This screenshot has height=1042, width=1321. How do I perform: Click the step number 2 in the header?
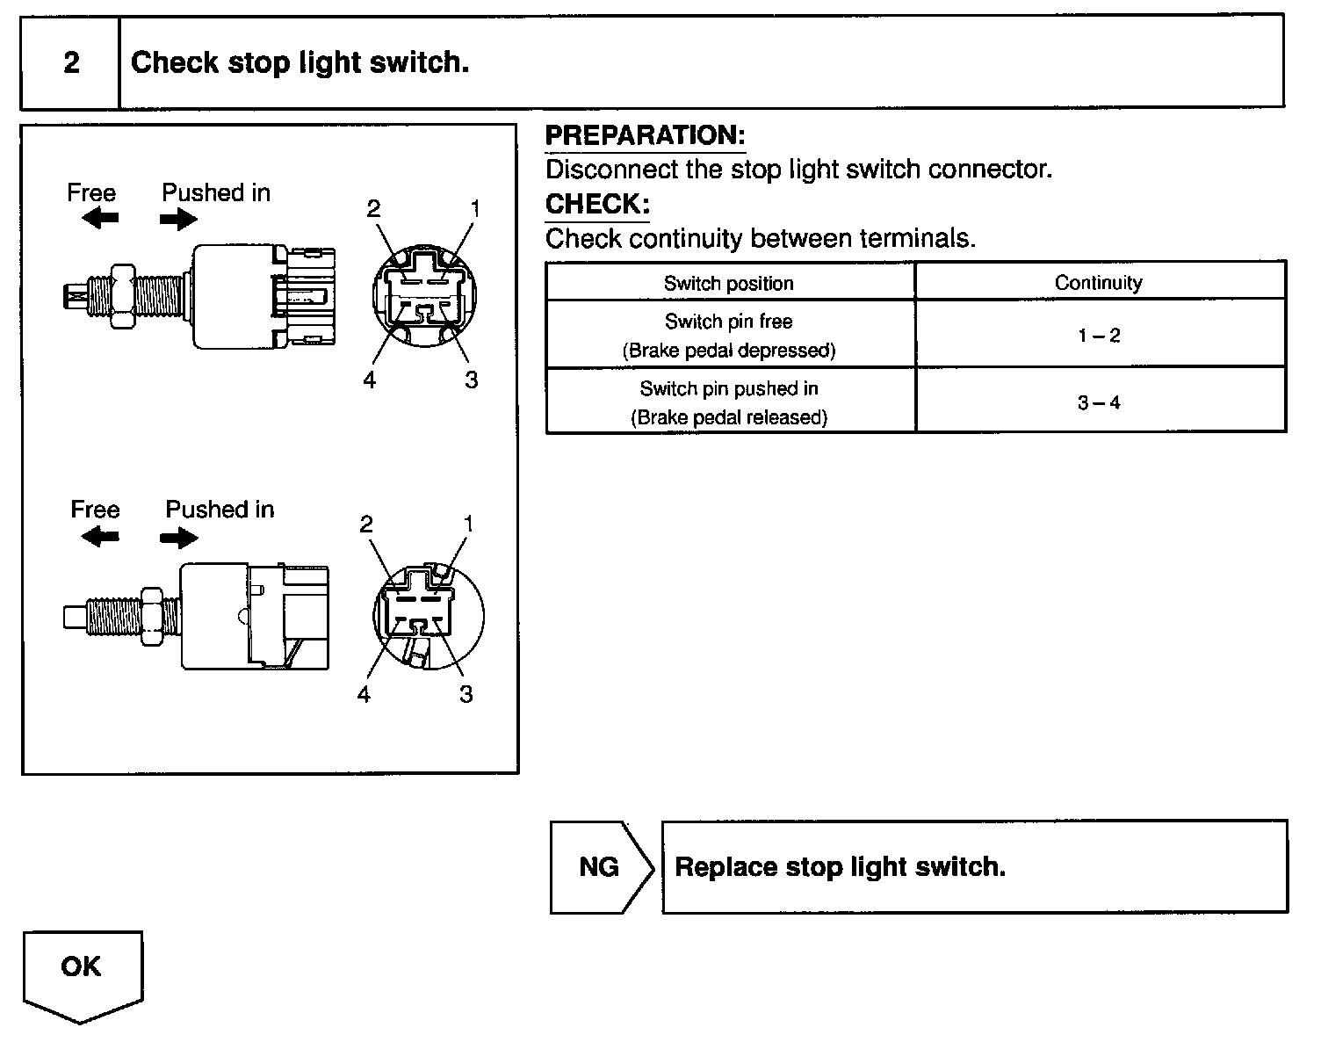point(71,62)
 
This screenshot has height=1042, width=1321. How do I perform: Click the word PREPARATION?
point(645,135)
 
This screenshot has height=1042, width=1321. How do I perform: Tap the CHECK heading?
point(597,204)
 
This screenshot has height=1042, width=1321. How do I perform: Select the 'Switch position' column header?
point(728,283)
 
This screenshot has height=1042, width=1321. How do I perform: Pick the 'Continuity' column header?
point(1098,283)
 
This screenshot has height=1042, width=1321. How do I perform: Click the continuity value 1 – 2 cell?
point(1099,335)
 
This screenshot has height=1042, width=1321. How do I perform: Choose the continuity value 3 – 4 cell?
point(1099,402)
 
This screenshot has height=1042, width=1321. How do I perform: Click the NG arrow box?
point(601,867)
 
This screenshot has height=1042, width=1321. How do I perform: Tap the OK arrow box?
point(81,970)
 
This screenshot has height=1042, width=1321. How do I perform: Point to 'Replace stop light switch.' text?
point(840,867)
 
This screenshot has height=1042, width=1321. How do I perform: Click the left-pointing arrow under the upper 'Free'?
point(99,219)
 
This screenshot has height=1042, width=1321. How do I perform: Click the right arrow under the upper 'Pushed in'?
point(179,219)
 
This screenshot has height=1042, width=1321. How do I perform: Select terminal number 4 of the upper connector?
point(370,380)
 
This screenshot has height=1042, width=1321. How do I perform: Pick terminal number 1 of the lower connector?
point(468,525)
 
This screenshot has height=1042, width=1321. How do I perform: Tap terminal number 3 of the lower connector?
point(466,694)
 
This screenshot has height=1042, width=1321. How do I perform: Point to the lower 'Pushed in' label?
point(220,510)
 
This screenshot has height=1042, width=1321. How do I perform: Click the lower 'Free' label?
point(95,510)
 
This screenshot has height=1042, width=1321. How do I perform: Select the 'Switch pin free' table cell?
point(728,335)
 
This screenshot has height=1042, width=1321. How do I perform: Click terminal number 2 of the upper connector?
point(373,209)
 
